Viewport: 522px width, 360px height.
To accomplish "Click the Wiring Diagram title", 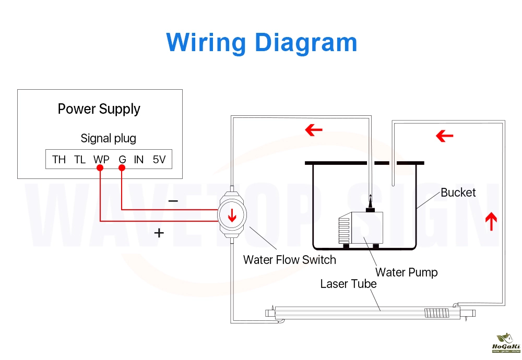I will [262, 42].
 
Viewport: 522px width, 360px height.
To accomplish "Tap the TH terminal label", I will [59, 160].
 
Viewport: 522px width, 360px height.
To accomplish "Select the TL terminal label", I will [80, 160].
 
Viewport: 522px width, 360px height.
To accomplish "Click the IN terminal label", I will [138, 160].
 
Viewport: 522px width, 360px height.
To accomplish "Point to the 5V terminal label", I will [159, 160].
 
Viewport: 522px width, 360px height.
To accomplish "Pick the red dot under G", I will [122, 168].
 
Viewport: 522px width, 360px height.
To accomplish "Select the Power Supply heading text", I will [99, 109].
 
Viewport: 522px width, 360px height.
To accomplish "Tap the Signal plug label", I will [108, 138].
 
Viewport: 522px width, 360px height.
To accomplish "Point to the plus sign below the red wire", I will [159, 233].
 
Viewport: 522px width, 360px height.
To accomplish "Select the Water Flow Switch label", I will [289, 259].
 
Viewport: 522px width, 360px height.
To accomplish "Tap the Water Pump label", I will [406, 272].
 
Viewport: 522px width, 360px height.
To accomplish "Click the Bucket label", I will [458, 193].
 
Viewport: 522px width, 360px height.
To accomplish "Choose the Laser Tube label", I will [348, 284].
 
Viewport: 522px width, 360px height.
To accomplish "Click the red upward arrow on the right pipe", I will [491, 221].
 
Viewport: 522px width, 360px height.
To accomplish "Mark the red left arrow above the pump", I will [313, 130].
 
